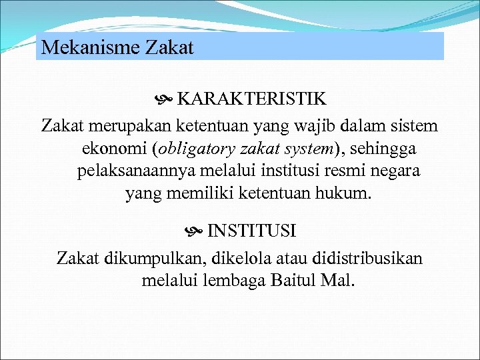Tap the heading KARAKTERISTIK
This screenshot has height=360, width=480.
coord(251,99)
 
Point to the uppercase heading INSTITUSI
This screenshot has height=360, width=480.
coord(252,231)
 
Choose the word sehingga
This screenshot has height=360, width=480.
coord(389,148)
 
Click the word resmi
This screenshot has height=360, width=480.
coord(347,171)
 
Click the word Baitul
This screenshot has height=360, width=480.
coord(293,280)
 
